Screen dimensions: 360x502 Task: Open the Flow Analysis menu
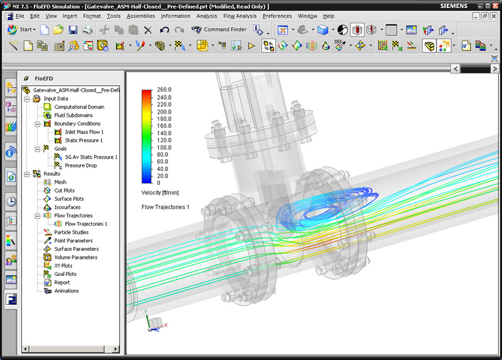click(238, 16)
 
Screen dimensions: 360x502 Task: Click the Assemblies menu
click(141, 16)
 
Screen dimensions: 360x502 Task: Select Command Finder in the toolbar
click(225, 29)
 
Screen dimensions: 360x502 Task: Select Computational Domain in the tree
click(79, 107)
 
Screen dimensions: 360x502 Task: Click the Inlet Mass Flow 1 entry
click(84, 132)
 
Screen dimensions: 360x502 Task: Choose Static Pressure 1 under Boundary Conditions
click(83, 140)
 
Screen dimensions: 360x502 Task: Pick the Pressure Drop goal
click(81, 166)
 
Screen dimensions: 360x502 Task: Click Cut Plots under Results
click(64, 191)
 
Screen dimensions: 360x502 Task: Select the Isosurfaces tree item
click(67, 208)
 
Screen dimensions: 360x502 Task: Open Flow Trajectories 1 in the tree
click(86, 224)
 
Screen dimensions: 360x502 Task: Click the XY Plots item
click(63, 266)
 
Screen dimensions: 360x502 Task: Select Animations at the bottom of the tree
click(67, 291)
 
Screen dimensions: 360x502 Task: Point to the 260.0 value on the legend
click(164, 90)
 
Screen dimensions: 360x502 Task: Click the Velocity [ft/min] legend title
click(161, 193)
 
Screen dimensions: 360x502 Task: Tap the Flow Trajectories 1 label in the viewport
click(166, 207)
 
